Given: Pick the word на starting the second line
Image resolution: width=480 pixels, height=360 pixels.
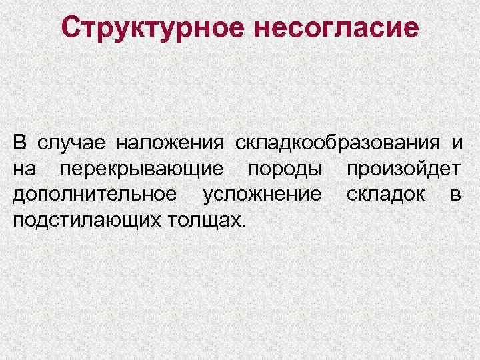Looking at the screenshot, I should click(25, 169).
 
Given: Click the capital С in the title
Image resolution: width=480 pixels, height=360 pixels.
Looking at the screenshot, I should click(71, 27).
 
